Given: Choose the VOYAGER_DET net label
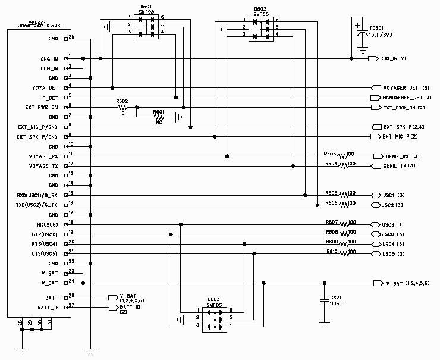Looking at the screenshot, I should point(401,87).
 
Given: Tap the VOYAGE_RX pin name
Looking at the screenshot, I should point(43,156).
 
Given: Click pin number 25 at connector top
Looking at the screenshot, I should point(71,37).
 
